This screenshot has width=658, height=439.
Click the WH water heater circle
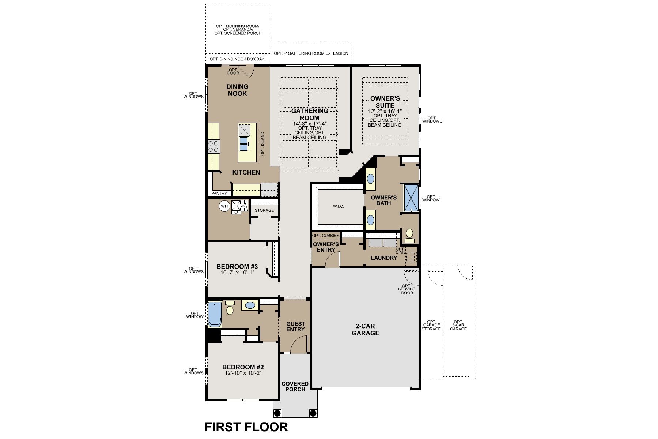click(224, 206)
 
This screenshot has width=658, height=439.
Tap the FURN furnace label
click(240, 206)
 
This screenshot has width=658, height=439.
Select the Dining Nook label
click(237, 90)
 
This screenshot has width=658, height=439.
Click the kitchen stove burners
click(213, 146)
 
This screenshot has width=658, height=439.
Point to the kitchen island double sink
click(244, 144)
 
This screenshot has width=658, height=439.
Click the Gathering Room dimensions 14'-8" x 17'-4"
click(310, 124)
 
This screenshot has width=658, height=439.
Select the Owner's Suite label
click(385, 102)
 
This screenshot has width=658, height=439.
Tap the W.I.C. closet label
click(338, 206)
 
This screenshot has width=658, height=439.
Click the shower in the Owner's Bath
click(411, 198)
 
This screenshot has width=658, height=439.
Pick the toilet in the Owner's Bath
click(409, 235)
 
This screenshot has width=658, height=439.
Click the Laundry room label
click(384, 258)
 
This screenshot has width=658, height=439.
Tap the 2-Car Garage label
click(365, 330)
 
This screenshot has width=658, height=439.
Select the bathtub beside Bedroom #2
click(215, 314)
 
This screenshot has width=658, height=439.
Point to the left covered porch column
click(277, 413)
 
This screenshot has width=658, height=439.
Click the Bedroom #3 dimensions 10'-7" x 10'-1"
click(237, 273)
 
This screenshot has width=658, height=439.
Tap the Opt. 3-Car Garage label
click(458, 325)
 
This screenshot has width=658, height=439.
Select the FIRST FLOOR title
click(246, 427)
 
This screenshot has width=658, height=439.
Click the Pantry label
click(219, 193)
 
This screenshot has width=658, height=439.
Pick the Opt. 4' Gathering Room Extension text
click(311, 53)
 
